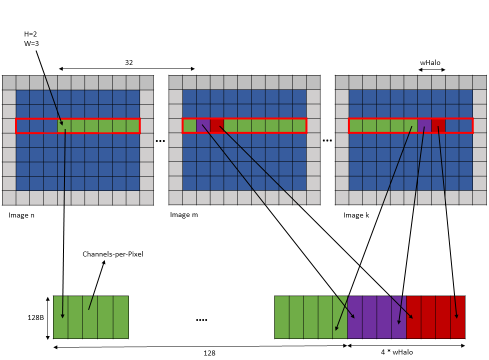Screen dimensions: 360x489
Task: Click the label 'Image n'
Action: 21,215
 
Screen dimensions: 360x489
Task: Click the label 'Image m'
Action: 184,215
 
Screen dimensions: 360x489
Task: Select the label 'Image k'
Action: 356,215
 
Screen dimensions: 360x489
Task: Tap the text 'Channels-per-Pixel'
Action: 113,254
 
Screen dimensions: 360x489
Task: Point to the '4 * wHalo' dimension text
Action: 397,352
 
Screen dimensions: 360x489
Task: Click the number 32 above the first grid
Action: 129,63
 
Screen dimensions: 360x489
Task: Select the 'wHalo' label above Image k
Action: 430,63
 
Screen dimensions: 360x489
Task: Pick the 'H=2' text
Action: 30,34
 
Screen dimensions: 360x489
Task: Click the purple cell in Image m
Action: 203,126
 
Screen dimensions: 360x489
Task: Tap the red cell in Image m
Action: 217,126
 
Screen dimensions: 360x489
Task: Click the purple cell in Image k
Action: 424,126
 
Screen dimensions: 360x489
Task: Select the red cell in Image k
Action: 438,126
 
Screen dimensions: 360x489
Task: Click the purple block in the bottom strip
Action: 376,317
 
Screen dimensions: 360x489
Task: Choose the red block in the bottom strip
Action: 435,317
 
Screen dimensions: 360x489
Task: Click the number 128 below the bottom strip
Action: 209,353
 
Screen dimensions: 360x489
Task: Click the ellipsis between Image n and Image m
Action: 160,141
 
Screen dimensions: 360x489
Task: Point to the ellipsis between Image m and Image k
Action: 327,141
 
